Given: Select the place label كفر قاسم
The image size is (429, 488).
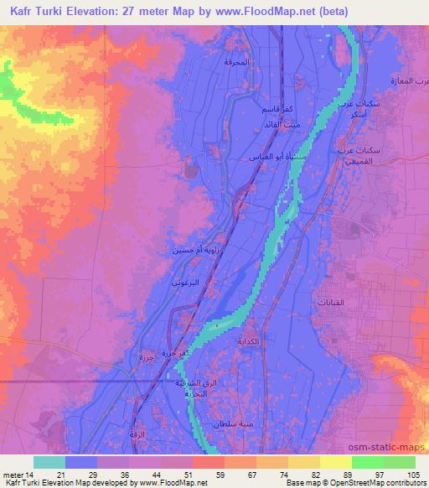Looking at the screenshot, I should pyautogui.click(x=276, y=111).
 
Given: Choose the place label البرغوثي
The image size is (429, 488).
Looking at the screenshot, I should pyautogui.click(x=186, y=283).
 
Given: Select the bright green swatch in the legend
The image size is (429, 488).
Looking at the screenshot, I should pyautogui.click(x=368, y=462).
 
